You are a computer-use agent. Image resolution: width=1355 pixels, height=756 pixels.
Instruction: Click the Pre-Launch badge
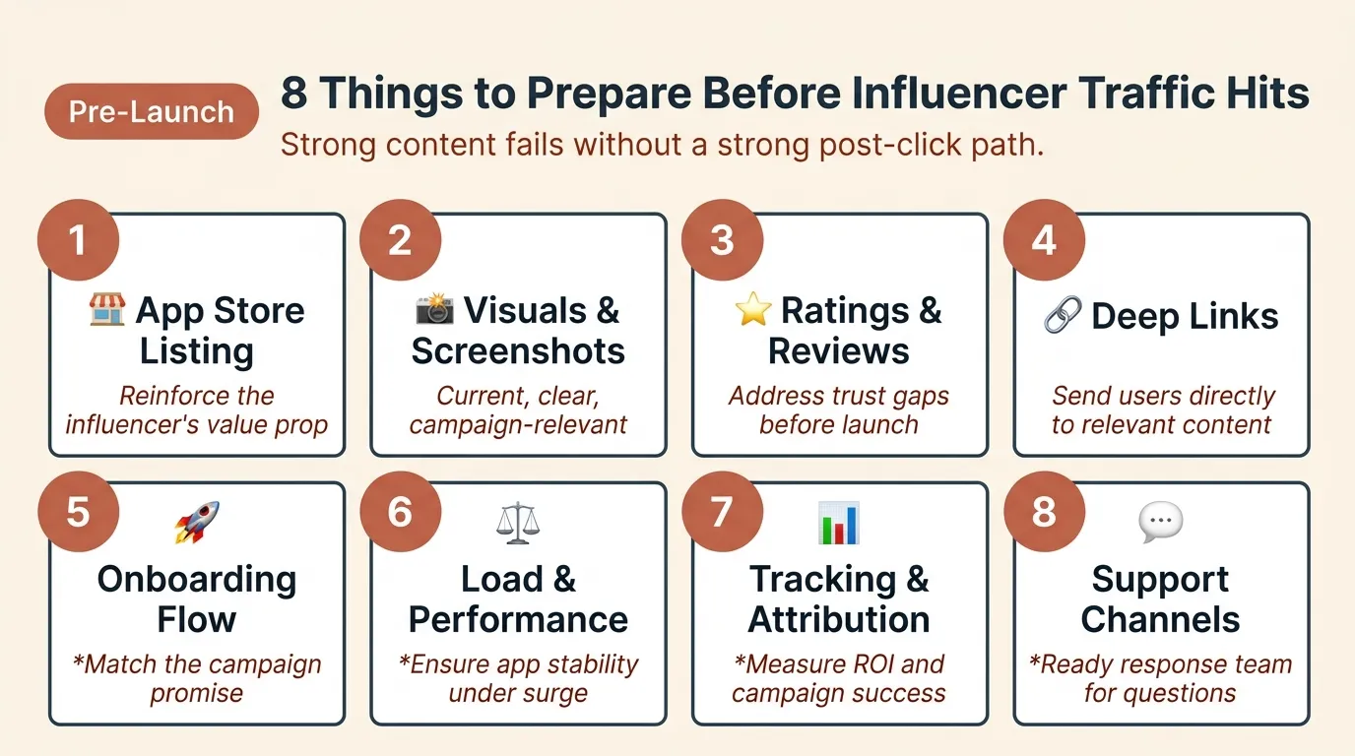tap(152, 111)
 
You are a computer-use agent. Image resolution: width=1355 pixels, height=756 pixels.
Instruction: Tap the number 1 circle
tap(78, 241)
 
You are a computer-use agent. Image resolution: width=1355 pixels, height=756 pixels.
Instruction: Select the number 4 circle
tap(1044, 241)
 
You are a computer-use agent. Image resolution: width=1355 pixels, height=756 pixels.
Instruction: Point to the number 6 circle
tap(400, 512)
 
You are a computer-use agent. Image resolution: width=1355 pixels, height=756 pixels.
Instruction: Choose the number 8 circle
tap(1044, 512)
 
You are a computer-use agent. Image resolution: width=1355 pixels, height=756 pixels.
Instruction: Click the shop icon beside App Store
tap(106, 310)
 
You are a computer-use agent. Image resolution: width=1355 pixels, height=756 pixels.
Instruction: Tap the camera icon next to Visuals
tap(434, 310)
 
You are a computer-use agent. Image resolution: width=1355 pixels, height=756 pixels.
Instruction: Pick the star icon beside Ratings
tap(753, 310)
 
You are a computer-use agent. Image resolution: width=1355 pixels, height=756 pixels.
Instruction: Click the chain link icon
tap(1063, 315)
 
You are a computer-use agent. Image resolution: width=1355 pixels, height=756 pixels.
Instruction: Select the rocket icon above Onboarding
tap(197, 522)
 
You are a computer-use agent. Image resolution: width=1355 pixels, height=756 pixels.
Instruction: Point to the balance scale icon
tap(519, 523)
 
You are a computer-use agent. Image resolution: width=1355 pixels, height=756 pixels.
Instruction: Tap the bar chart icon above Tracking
tap(839, 523)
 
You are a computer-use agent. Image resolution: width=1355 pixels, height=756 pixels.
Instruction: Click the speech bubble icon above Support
tap(1160, 523)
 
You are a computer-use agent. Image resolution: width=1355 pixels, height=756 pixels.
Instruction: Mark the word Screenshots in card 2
tap(518, 351)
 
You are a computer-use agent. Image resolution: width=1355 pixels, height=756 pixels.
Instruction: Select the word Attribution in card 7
tap(839, 620)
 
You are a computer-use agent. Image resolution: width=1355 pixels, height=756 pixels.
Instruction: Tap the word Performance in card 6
tap(518, 620)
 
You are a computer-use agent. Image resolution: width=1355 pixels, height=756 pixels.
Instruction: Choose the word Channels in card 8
tap(1160, 620)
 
